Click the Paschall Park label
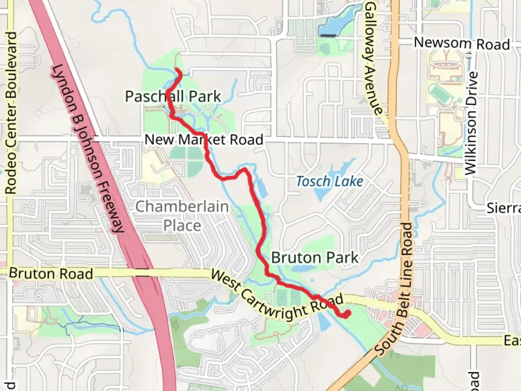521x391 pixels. coord(173,97)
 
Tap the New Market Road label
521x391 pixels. coord(204,140)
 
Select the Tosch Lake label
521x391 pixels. coord(329,181)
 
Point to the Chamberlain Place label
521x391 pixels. coord(182,216)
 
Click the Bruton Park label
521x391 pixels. coord(314,258)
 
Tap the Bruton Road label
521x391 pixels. coord(51,274)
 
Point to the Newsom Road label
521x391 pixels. coord(462,43)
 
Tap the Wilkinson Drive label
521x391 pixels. coord(471,123)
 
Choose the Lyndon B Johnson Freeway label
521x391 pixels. coord(89,148)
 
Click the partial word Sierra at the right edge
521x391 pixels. coord(504,209)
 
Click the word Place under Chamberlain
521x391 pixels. coord(182,226)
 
